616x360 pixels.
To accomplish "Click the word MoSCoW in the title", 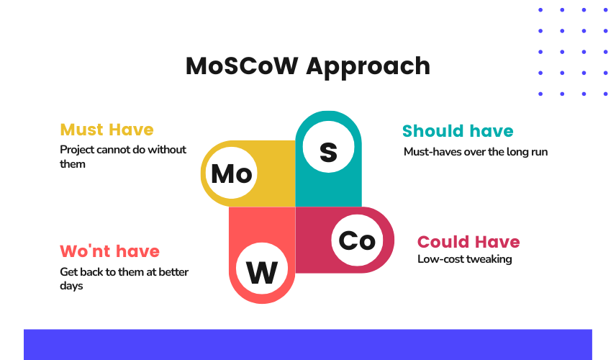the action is click(242, 66).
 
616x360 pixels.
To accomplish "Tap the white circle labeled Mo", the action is click(232, 174).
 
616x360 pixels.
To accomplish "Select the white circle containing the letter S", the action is click(328, 147).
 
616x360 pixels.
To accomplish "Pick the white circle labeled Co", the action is click(357, 240).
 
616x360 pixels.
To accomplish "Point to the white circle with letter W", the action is click(262, 269).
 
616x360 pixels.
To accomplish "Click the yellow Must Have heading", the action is click(107, 130).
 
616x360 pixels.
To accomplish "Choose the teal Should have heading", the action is click(458, 131).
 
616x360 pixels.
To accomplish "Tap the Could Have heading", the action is click(468, 242).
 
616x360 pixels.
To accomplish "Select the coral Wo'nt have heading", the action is click(109, 251).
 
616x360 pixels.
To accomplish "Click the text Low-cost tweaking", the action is click(464, 259).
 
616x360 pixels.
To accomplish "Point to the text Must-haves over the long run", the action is click(476, 152).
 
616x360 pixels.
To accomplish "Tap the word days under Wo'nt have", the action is click(71, 286).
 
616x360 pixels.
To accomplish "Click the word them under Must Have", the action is click(72, 164).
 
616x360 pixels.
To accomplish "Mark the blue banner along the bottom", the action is click(307, 345).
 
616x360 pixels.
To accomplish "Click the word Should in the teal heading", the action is click(433, 131).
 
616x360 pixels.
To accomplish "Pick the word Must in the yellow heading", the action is click(82, 130).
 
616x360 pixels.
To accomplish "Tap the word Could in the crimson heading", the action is click(442, 242).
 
